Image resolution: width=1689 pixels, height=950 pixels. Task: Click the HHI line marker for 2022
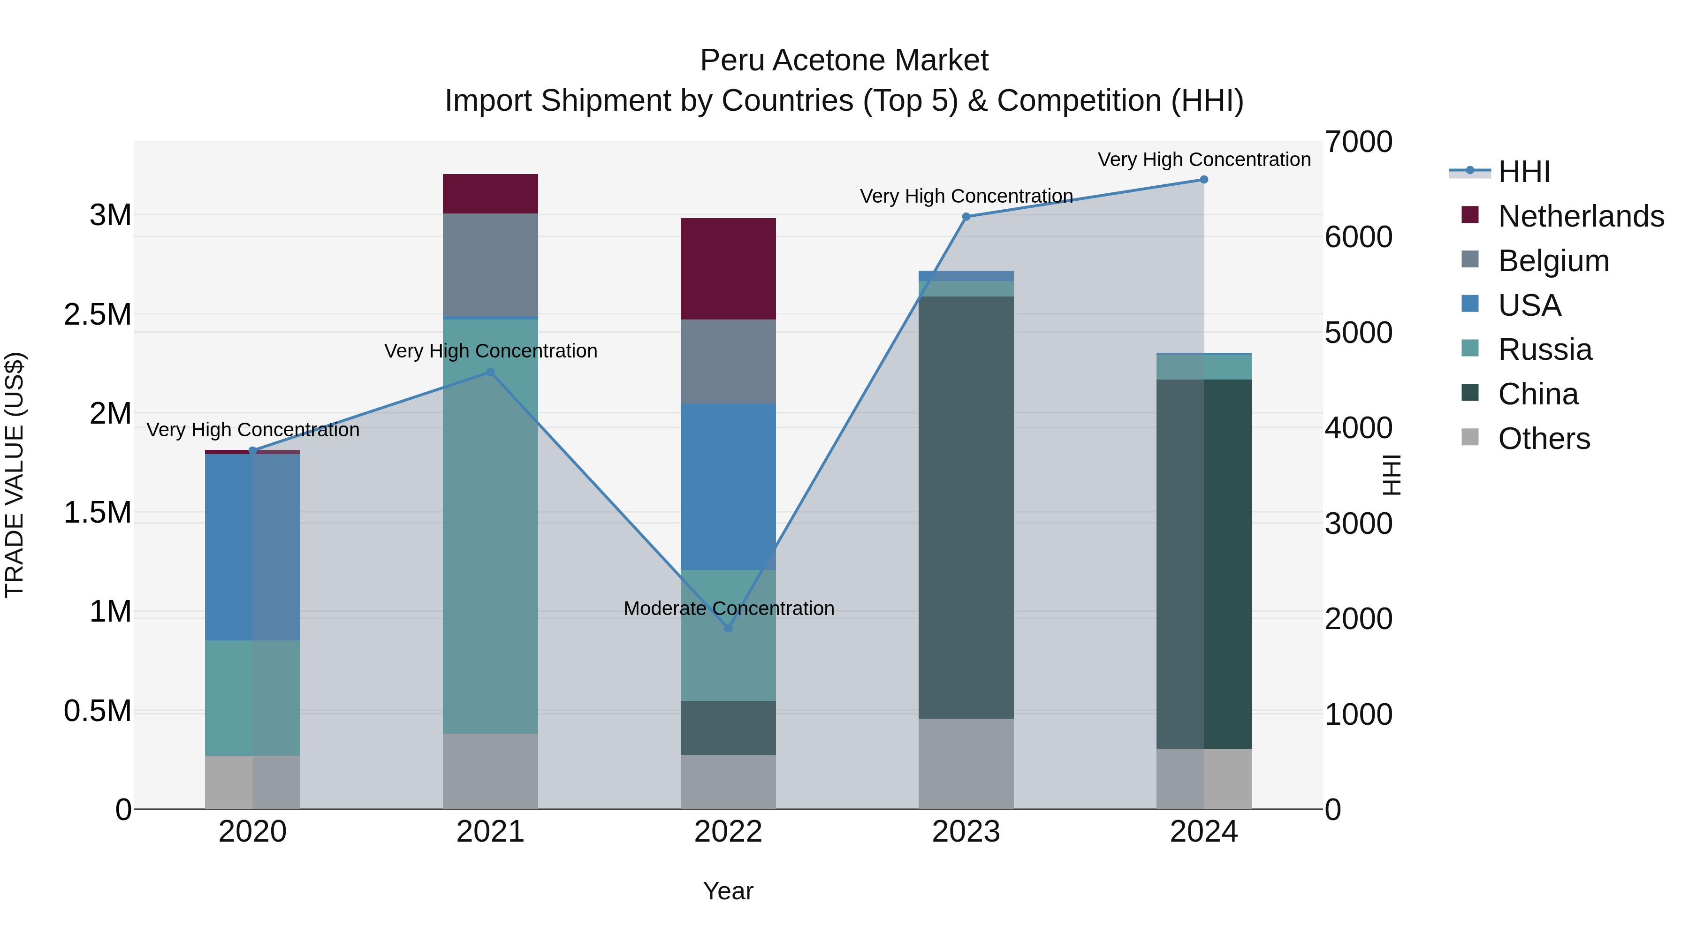[x=728, y=628]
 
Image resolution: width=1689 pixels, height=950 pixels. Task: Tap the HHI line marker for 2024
[x=1204, y=180]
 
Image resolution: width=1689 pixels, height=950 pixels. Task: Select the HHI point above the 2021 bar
[x=490, y=372]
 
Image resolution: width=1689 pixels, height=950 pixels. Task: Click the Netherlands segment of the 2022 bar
[x=728, y=269]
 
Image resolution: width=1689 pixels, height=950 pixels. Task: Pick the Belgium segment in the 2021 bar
[x=490, y=265]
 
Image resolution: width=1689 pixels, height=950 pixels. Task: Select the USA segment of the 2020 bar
[x=252, y=547]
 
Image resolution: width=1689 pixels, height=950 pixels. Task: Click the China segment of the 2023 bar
[x=966, y=508]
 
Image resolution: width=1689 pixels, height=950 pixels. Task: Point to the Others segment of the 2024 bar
[x=1204, y=779]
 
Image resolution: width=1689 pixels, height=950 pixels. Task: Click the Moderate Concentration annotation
[x=729, y=608]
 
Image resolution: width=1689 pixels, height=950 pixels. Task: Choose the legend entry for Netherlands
[x=1581, y=216]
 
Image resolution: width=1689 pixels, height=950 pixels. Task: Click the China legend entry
[x=1537, y=394]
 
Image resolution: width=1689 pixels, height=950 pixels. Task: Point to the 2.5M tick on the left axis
[x=97, y=315]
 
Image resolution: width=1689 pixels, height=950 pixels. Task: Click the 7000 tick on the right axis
[x=1358, y=142]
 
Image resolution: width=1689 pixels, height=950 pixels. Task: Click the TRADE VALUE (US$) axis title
[x=15, y=475]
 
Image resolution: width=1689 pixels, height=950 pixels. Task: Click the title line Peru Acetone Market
[x=844, y=61]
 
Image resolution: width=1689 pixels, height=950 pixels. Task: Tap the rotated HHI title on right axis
[x=1390, y=475]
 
